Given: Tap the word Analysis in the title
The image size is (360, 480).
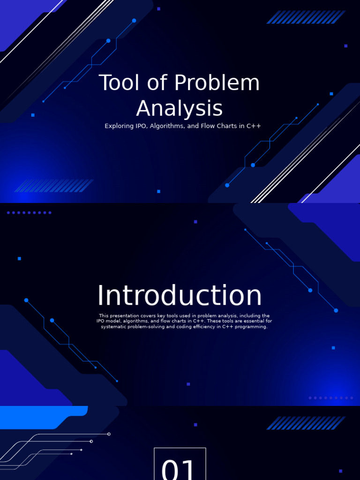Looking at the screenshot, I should [x=180, y=109].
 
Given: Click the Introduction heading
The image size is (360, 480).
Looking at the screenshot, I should [x=180, y=296].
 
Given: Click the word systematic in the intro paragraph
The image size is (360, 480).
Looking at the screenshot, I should [x=115, y=327].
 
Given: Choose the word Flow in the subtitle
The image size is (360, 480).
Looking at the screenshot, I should [x=208, y=126].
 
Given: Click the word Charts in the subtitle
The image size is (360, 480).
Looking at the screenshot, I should [x=227, y=126].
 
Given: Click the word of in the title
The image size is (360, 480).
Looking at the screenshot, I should [x=151, y=83].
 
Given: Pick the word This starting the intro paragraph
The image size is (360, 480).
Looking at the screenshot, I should [x=104, y=316].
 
